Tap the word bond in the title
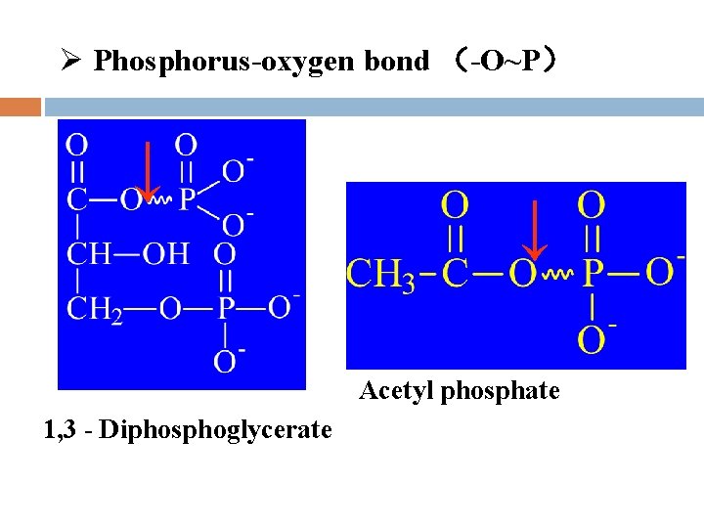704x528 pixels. (396, 62)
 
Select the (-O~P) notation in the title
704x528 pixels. (505, 62)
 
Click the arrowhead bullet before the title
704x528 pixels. (67, 62)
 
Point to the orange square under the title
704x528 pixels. (21, 106)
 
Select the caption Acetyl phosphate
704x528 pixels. (460, 392)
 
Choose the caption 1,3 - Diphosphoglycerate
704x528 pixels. (188, 429)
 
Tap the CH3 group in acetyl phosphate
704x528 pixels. (381, 274)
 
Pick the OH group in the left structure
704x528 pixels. (166, 254)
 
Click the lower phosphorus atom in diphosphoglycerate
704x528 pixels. (226, 309)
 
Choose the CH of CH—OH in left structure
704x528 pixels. (89, 254)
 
